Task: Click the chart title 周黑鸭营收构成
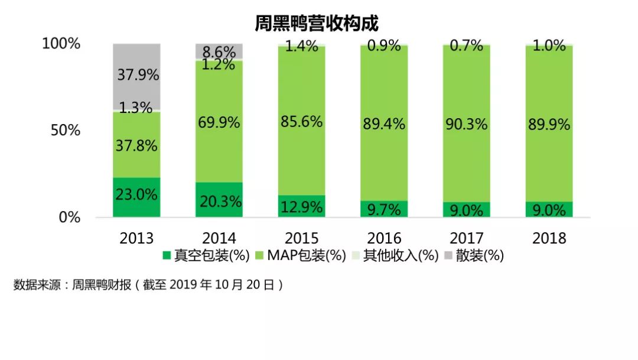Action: coord(317,23)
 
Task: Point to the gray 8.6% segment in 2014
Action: coord(219,51)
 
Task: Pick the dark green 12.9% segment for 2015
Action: coord(301,206)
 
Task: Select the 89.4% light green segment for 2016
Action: coord(384,124)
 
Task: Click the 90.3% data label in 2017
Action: coord(467,124)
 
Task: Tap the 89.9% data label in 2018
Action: coord(549,124)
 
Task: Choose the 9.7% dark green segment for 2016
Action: coord(384,209)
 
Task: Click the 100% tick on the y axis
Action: coord(61,44)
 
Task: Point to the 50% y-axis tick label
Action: coord(65,131)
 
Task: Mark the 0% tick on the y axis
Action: coord(69,217)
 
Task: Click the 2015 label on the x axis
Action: coord(301,238)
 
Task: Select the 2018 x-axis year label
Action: coord(549,238)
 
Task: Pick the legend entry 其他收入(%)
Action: coord(395,256)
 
